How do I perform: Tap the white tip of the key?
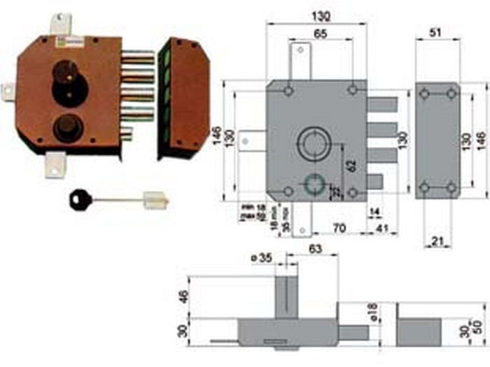(x=157, y=201)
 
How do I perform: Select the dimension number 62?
(x=332, y=166)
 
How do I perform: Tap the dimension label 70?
(x=338, y=228)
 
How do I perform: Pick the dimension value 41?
(x=382, y=228)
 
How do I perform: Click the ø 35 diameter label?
(x=261, y=259)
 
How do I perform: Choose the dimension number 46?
(x=184, y=297)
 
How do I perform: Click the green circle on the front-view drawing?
(x=313, y=184)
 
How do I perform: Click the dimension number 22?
(x=335, y=192)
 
